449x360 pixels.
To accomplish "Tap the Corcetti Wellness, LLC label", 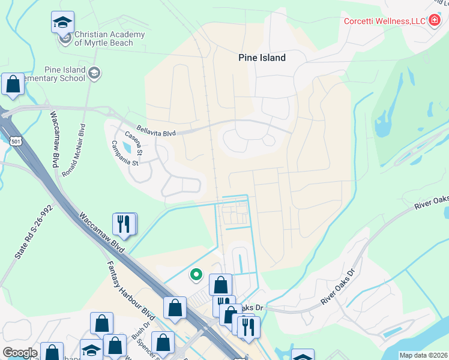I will (x=384, y=22).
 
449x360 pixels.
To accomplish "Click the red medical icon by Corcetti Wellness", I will (x=436, y=21).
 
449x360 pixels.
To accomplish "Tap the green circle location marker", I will (x=196, y=275).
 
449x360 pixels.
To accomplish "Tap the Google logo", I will (x=20, y=353).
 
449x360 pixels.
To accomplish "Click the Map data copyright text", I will (x=423, y=355).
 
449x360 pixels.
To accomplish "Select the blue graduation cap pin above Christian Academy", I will (x=62, y=23).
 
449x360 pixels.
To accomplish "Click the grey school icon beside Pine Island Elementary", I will (x=94, y=74).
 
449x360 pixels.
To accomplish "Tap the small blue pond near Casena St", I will (x=127, y=147).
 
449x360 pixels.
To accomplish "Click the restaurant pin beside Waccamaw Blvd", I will (x=124, y=224).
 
